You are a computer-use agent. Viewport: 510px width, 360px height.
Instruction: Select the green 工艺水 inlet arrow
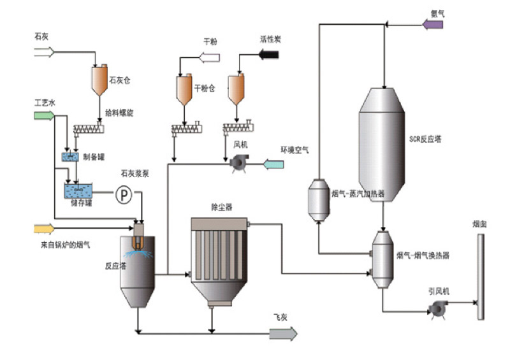[44, 115]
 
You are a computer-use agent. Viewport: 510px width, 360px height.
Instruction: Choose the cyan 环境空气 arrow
[274, 164]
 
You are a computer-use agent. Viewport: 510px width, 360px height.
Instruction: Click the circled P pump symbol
[123, 195]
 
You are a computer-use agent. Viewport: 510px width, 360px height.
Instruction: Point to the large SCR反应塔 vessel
[381, 143]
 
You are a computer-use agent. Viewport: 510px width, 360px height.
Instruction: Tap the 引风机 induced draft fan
[437, 309]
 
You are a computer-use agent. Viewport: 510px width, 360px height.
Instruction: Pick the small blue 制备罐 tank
[71, 157]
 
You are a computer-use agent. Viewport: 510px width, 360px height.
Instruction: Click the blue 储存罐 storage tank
[78, 189]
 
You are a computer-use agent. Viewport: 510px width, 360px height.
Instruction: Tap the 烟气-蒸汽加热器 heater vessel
[317, 200]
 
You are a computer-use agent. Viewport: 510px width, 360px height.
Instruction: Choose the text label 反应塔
[115, 266]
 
